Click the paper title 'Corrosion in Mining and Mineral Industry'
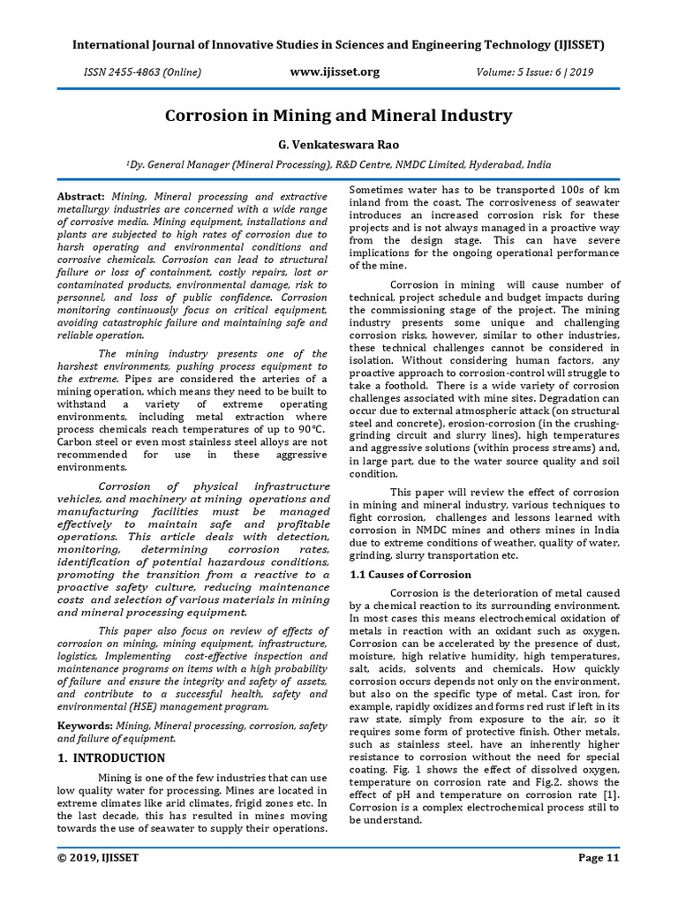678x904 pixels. (x=339, y=116)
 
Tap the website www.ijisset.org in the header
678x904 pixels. (x=335, y=72)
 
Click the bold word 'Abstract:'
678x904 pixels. (x=81, y=196)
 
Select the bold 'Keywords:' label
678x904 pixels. (x=85, y=725)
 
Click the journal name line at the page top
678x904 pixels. (x=339, y=45)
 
